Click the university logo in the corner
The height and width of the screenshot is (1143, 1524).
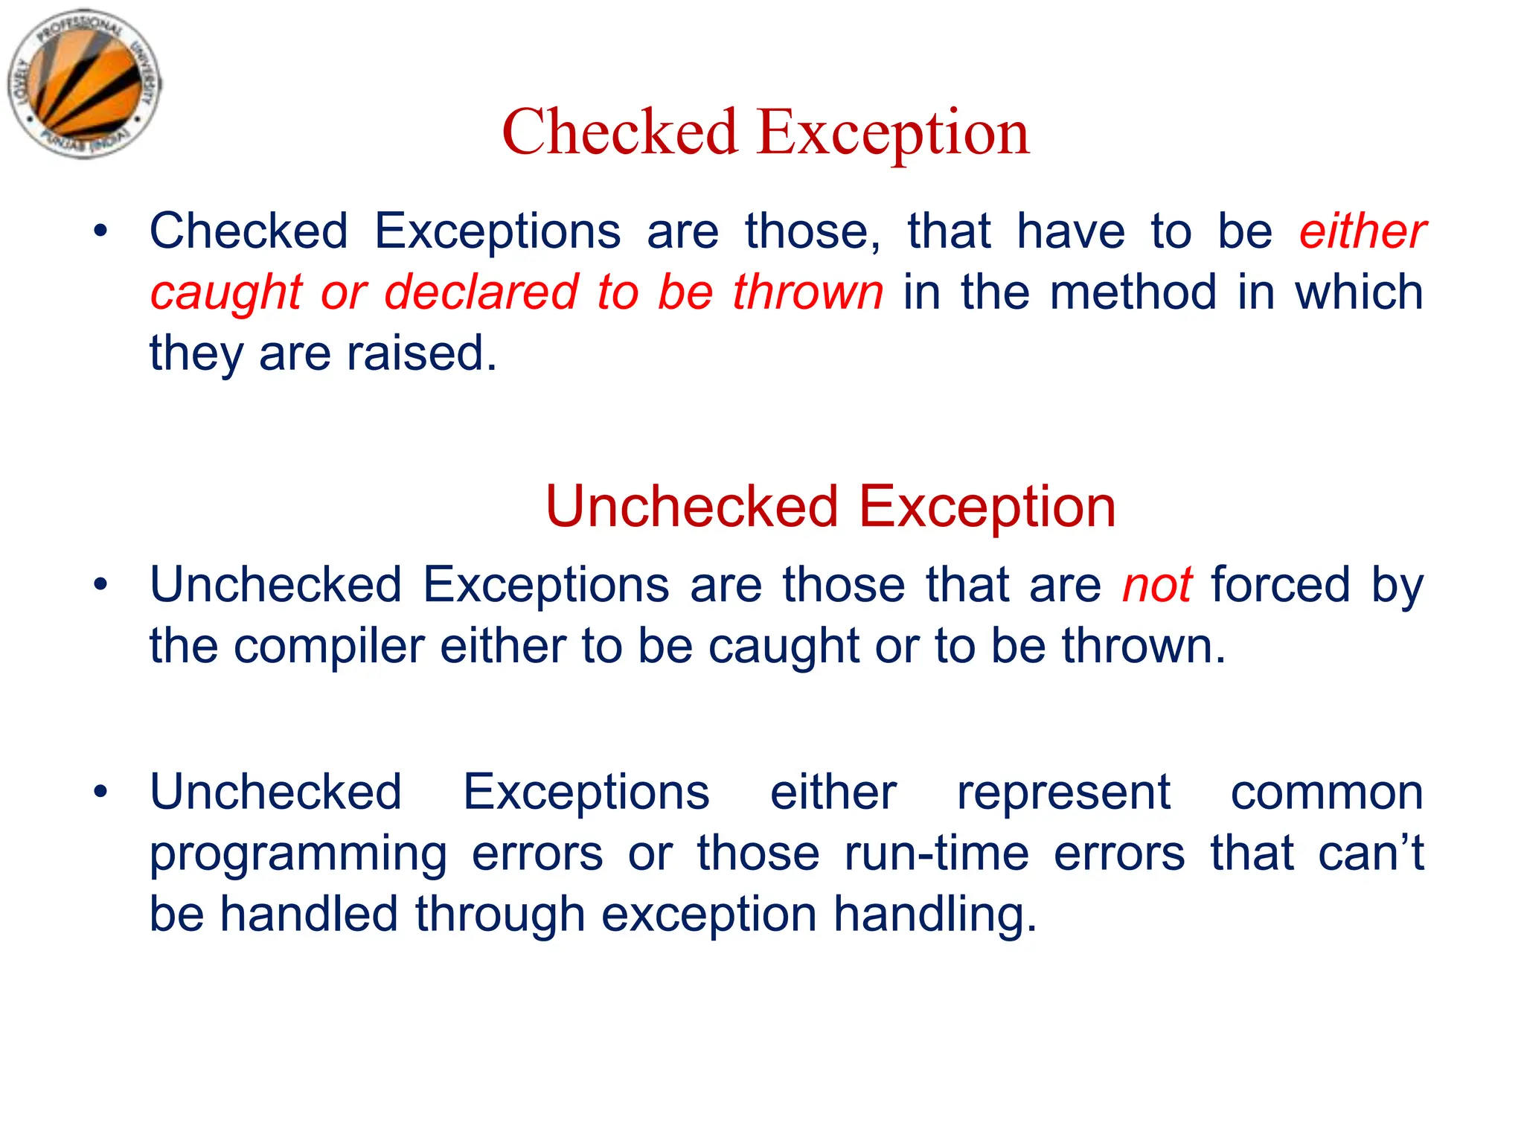[84, 83]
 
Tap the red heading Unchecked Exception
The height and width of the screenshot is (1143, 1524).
[830, 507]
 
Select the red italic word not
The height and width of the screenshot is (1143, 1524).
[1157, 585]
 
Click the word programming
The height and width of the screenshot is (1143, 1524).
[298, 854]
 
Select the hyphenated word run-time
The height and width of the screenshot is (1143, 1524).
[936, 853]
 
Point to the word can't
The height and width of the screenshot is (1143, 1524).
[1370, 853]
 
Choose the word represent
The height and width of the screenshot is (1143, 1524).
[1063, 793]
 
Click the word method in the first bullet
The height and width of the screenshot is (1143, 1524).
[1134, 292]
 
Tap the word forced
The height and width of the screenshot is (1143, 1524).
[1280, 585]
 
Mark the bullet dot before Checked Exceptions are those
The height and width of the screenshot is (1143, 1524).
[100, 231]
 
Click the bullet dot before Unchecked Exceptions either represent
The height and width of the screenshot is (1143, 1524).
[100, 791]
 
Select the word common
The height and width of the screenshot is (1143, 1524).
[1326, 793]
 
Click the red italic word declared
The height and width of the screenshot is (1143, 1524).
[481, 292]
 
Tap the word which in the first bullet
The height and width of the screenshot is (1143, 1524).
[1359, 292]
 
